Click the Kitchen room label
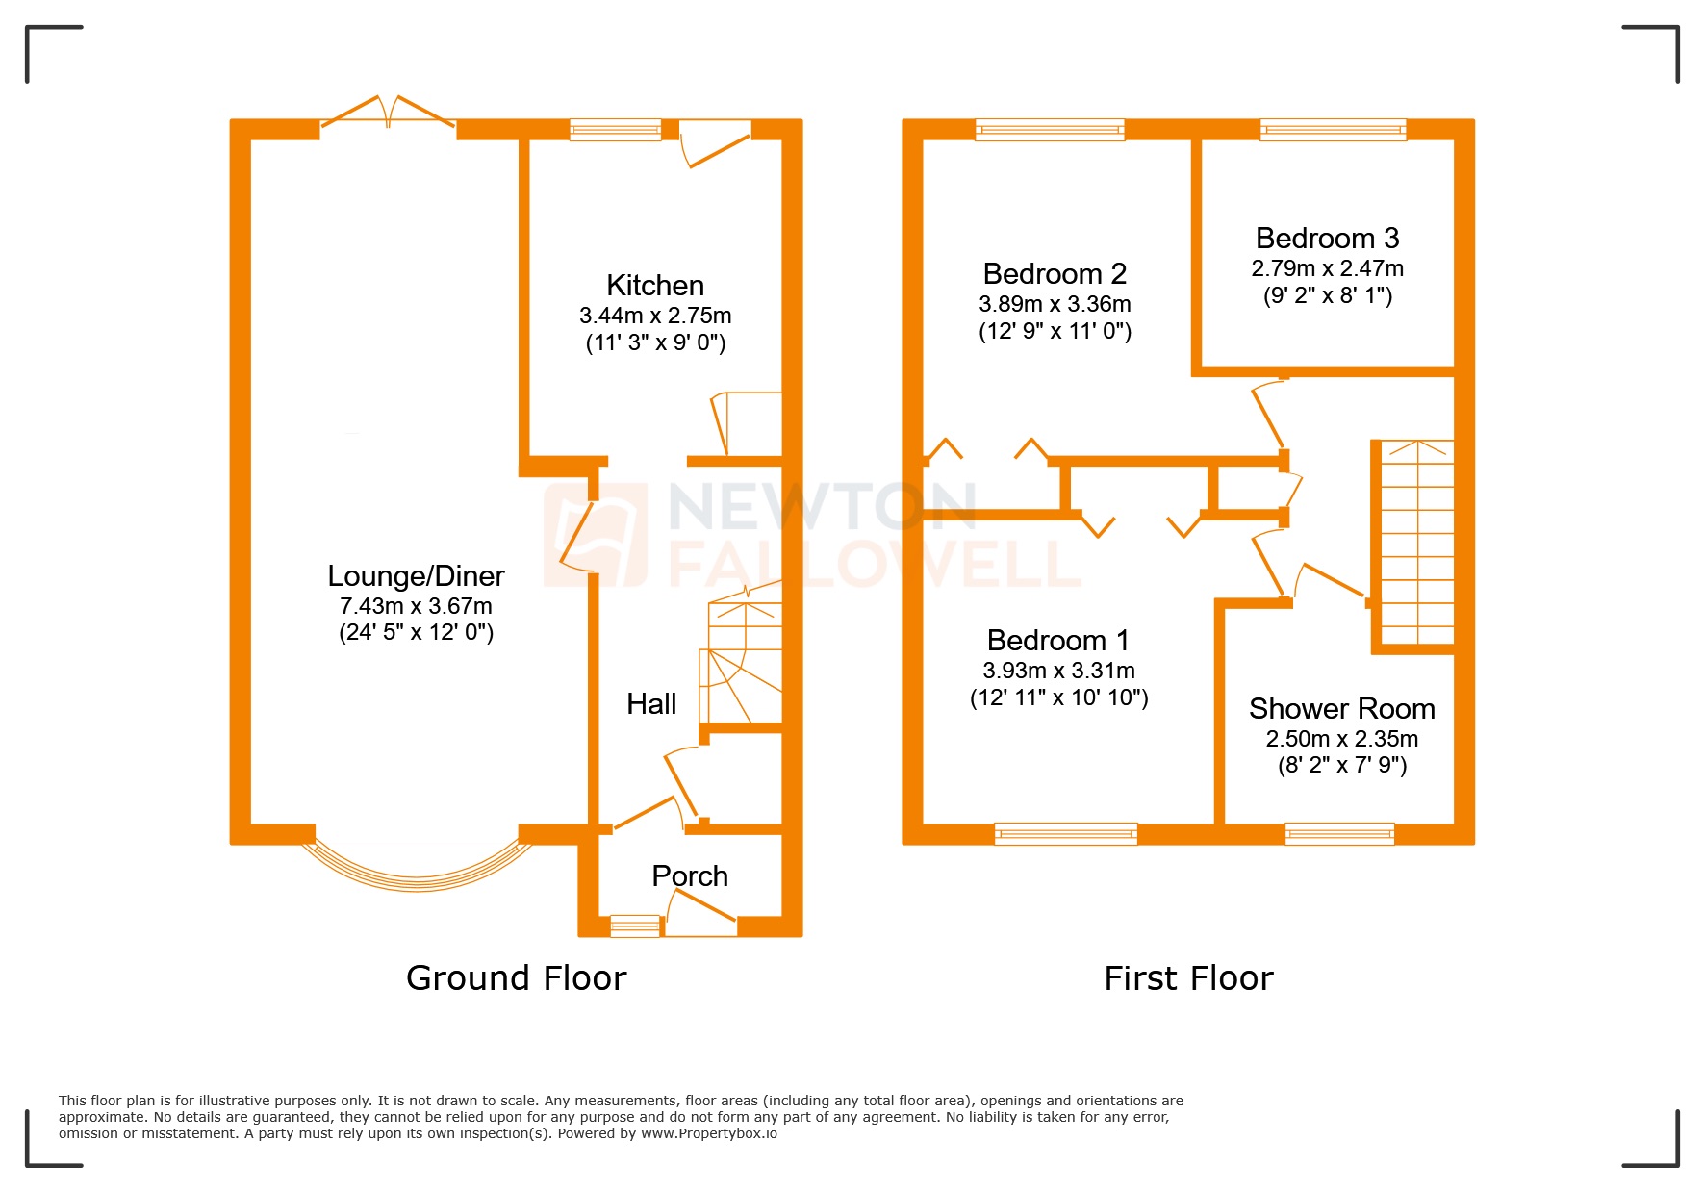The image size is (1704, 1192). (654, 286)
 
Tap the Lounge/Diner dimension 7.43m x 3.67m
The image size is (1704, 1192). (416, 606)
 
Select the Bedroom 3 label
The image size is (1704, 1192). (1327, 239)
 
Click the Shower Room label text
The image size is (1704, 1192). (1341, 709)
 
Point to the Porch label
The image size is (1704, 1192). (689, 876)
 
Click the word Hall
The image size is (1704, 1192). (651, 704)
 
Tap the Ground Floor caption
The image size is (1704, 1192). (516, 978)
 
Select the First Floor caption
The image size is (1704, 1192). (1188, 978)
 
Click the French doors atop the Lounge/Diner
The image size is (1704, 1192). (388, 114)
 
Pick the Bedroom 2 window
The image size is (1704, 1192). (1049, 130)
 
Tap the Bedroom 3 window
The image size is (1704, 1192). (1333, 130)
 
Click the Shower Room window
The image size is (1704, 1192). (1338, 834)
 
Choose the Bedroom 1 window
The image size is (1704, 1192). (1065, 834)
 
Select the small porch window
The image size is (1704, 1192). (635, 926)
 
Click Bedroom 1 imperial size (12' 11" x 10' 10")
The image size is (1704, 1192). (1058, 698)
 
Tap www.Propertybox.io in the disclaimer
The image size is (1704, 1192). (709, 1133)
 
